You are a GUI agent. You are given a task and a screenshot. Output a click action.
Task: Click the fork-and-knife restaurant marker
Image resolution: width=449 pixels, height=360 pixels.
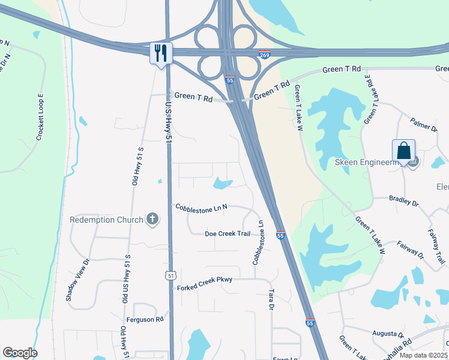pos(161,53)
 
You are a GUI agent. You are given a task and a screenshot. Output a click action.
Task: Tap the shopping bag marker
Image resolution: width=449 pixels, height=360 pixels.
pos(403,150)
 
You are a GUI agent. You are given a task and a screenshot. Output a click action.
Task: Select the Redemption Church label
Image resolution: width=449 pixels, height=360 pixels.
pos(107,220)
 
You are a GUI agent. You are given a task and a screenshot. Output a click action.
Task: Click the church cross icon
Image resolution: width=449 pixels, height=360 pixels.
pos(152,219)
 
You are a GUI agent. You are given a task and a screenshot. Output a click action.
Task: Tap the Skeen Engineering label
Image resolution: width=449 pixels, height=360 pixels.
pos(367,163)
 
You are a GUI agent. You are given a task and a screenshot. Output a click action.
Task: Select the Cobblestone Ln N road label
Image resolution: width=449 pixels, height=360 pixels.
pos(202,208)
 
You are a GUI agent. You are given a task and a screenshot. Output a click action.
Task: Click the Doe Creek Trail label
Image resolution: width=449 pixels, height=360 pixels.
pos(227,233)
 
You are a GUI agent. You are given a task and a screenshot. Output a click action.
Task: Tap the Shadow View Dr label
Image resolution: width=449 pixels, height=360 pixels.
pos(77,280)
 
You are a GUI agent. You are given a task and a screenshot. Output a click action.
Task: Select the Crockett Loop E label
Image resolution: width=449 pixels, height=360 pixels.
pos(41,117)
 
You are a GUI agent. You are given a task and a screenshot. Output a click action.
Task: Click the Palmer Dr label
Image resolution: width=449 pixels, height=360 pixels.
pos(424,127)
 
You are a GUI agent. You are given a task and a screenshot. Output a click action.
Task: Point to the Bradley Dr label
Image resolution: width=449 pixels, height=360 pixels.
pos(403,201)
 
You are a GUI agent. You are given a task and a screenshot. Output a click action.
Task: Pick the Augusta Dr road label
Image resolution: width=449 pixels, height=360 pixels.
pos(388,334)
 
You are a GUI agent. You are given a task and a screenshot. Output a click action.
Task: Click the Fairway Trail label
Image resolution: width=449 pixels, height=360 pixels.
pos(436,246)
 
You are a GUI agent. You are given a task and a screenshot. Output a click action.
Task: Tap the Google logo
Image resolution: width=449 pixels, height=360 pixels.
pos(20,353)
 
